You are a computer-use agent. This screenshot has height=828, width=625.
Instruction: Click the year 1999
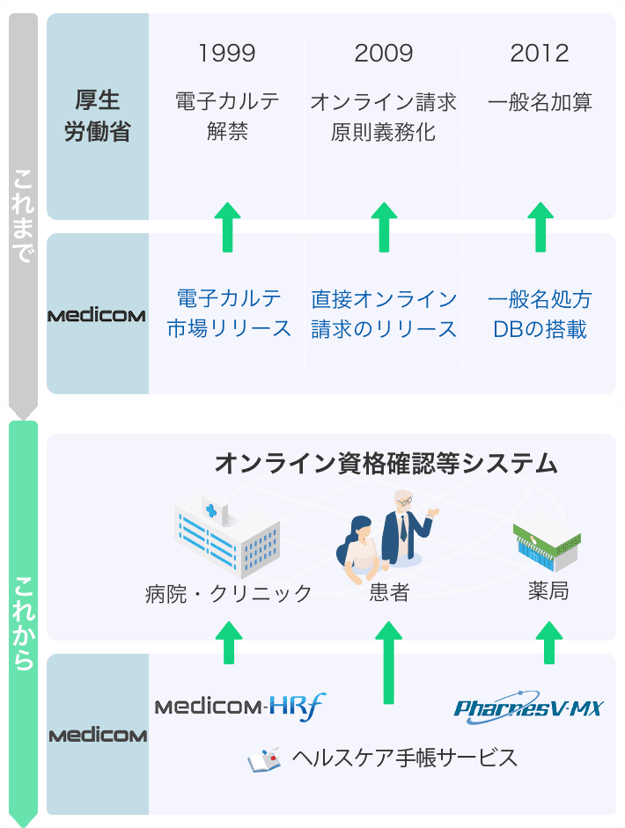pyautogui.click(x=227, y=54)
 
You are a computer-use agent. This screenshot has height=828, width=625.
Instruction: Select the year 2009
pyautogui.click(x=384, y=54)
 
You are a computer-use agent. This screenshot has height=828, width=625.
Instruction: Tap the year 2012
pyautogui.click(x=540, y=54)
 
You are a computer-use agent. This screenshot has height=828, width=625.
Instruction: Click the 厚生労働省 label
pyautogui.click(x=98, y=116)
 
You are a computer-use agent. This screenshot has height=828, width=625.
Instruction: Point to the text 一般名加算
pyautogui.click(x=540, y=102)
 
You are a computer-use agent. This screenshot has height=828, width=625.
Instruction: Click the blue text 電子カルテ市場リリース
pyautogui.click(x=229, y=313)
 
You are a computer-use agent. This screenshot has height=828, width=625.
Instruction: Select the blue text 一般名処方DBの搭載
pyautogui.click(x=540, y=313)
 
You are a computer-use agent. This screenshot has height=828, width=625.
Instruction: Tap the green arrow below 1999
pyautogui.click(x=228, y=226)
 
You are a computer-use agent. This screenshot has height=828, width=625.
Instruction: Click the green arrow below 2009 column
pyautogui.click(x=384, y=226)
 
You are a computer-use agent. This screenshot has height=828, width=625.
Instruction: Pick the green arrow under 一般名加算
pyautogui.click(x=540, y=226)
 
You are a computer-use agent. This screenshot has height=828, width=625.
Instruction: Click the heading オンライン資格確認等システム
pyautogui.click(x=386, y=462)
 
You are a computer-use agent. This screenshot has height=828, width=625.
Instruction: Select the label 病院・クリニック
pyautogui.click(x=228, y=594)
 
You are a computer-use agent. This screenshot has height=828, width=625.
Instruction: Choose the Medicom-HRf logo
pyautogui.click(x=240, y=706)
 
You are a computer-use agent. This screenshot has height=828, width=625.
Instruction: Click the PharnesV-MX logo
pyautogui.click(x=528, y=706)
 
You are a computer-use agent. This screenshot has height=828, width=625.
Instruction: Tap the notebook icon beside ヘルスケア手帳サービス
pyautogui.click(x=263, y=758)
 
